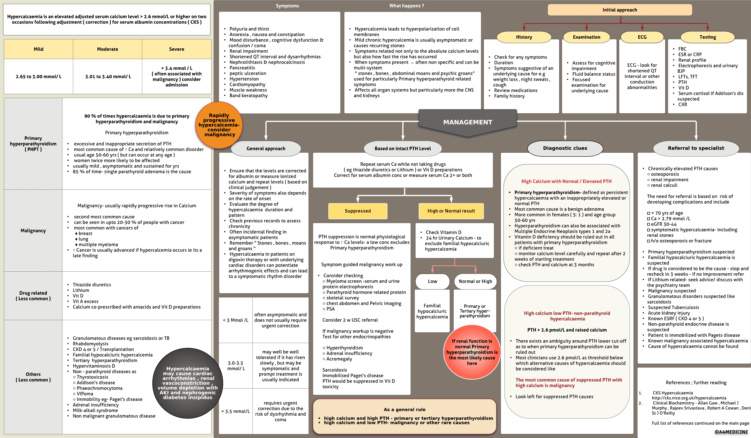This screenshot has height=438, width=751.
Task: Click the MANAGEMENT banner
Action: click(468, 122)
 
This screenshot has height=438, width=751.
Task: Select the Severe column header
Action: click(176, 49)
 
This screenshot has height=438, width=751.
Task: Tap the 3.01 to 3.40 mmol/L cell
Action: click(108, 77)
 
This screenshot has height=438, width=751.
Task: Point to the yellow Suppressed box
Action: click(358, 211)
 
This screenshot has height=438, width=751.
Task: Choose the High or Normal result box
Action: click(451, 211)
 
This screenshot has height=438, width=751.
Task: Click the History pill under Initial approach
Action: click(524, 37)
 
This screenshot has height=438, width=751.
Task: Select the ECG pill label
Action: click(642, 37)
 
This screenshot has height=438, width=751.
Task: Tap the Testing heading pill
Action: click(708, 37)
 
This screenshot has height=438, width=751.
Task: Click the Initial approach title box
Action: click(620, 10)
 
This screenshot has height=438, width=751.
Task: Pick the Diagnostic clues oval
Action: click(565, 148)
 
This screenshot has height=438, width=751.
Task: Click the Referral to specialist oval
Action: click(696, 148)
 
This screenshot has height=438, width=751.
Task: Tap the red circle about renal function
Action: click(472, 352)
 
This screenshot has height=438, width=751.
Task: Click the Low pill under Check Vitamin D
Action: click(432, 281)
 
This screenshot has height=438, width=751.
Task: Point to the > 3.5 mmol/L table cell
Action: click(235, 411)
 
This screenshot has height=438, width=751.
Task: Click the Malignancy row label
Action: click(33, 231)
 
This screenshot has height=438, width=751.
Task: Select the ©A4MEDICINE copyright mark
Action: click(731, 432)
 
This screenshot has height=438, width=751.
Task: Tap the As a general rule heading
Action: click(404, 409)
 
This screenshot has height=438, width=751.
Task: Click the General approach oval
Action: click(266, 148)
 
